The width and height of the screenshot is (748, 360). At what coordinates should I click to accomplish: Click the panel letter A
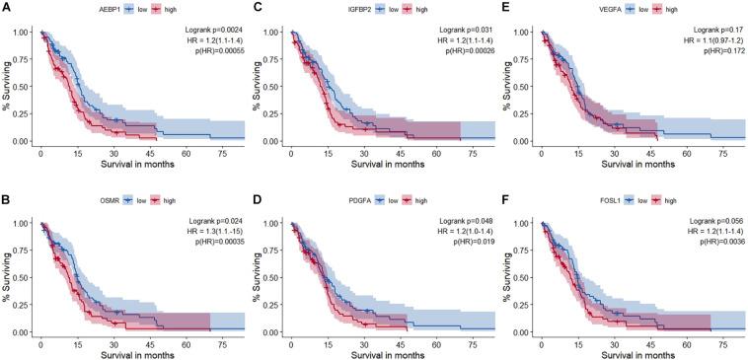[x=7, y=8]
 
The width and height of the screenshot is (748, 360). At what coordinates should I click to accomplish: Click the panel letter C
[x=258, y=8]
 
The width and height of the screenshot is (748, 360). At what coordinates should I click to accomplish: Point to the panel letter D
[x=258, y=199]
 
